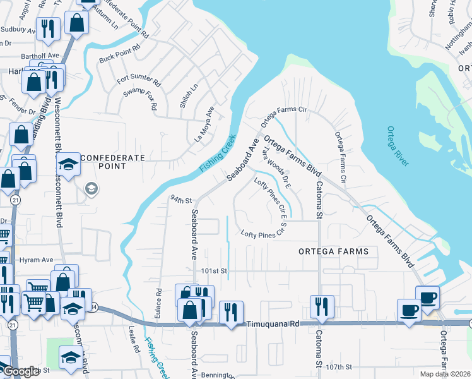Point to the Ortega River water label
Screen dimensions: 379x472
point(398,146)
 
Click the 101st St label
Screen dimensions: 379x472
point(214,270)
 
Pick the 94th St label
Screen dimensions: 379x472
point(180,200)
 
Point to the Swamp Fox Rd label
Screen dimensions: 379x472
point(140,99)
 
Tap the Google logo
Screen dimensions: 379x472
point(20,372)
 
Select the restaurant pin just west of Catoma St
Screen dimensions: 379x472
point(322,307)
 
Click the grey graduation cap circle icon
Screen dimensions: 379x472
point(91,189)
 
